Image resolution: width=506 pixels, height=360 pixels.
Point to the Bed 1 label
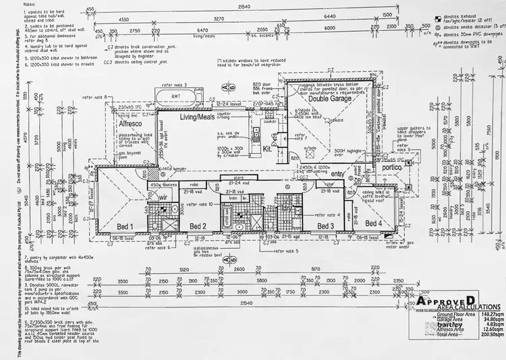pyautogui.click(x=125, y=227)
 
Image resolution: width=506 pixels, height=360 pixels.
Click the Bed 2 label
pyautogui.click(x=197, y=226)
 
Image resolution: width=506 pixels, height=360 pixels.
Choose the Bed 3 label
pyautogui.click(x=326, y=226)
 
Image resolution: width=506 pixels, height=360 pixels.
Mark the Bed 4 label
pyautogui.click(x=374, y=223)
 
